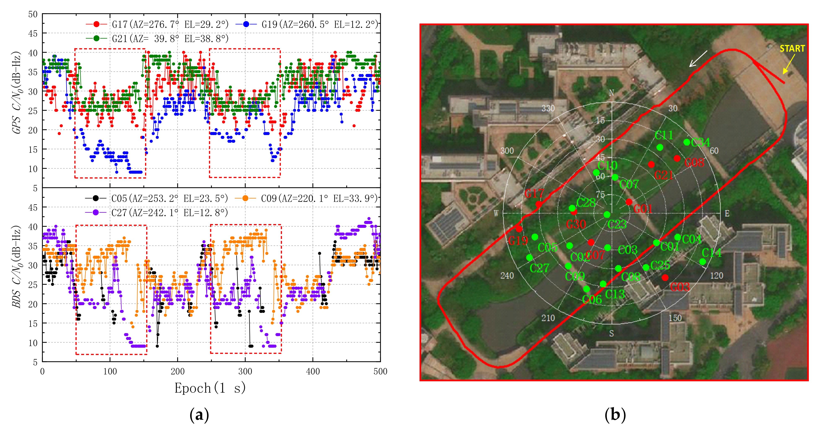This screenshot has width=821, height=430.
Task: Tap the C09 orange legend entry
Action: (x=306, y=199)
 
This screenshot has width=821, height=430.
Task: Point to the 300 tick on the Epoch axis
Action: (x=245, y=371)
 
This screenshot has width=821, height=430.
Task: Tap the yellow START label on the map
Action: (x=792, y=49)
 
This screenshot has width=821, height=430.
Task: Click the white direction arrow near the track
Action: (x=698, y=59)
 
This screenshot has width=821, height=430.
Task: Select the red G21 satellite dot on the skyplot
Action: (x=651, y=164)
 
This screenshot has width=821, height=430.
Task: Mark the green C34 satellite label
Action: (x=700, y=142)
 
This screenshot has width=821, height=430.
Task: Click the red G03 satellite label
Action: (x=680, y=287)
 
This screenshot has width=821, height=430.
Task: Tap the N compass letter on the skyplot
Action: (x=611, y=93)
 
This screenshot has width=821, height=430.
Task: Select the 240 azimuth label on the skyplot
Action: (x=507, y=275)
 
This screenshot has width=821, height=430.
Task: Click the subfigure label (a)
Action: (x=199, y=415)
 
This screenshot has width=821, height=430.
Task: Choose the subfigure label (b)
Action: (x=615, y=415)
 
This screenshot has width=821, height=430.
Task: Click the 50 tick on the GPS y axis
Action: (x=33, y=14)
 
